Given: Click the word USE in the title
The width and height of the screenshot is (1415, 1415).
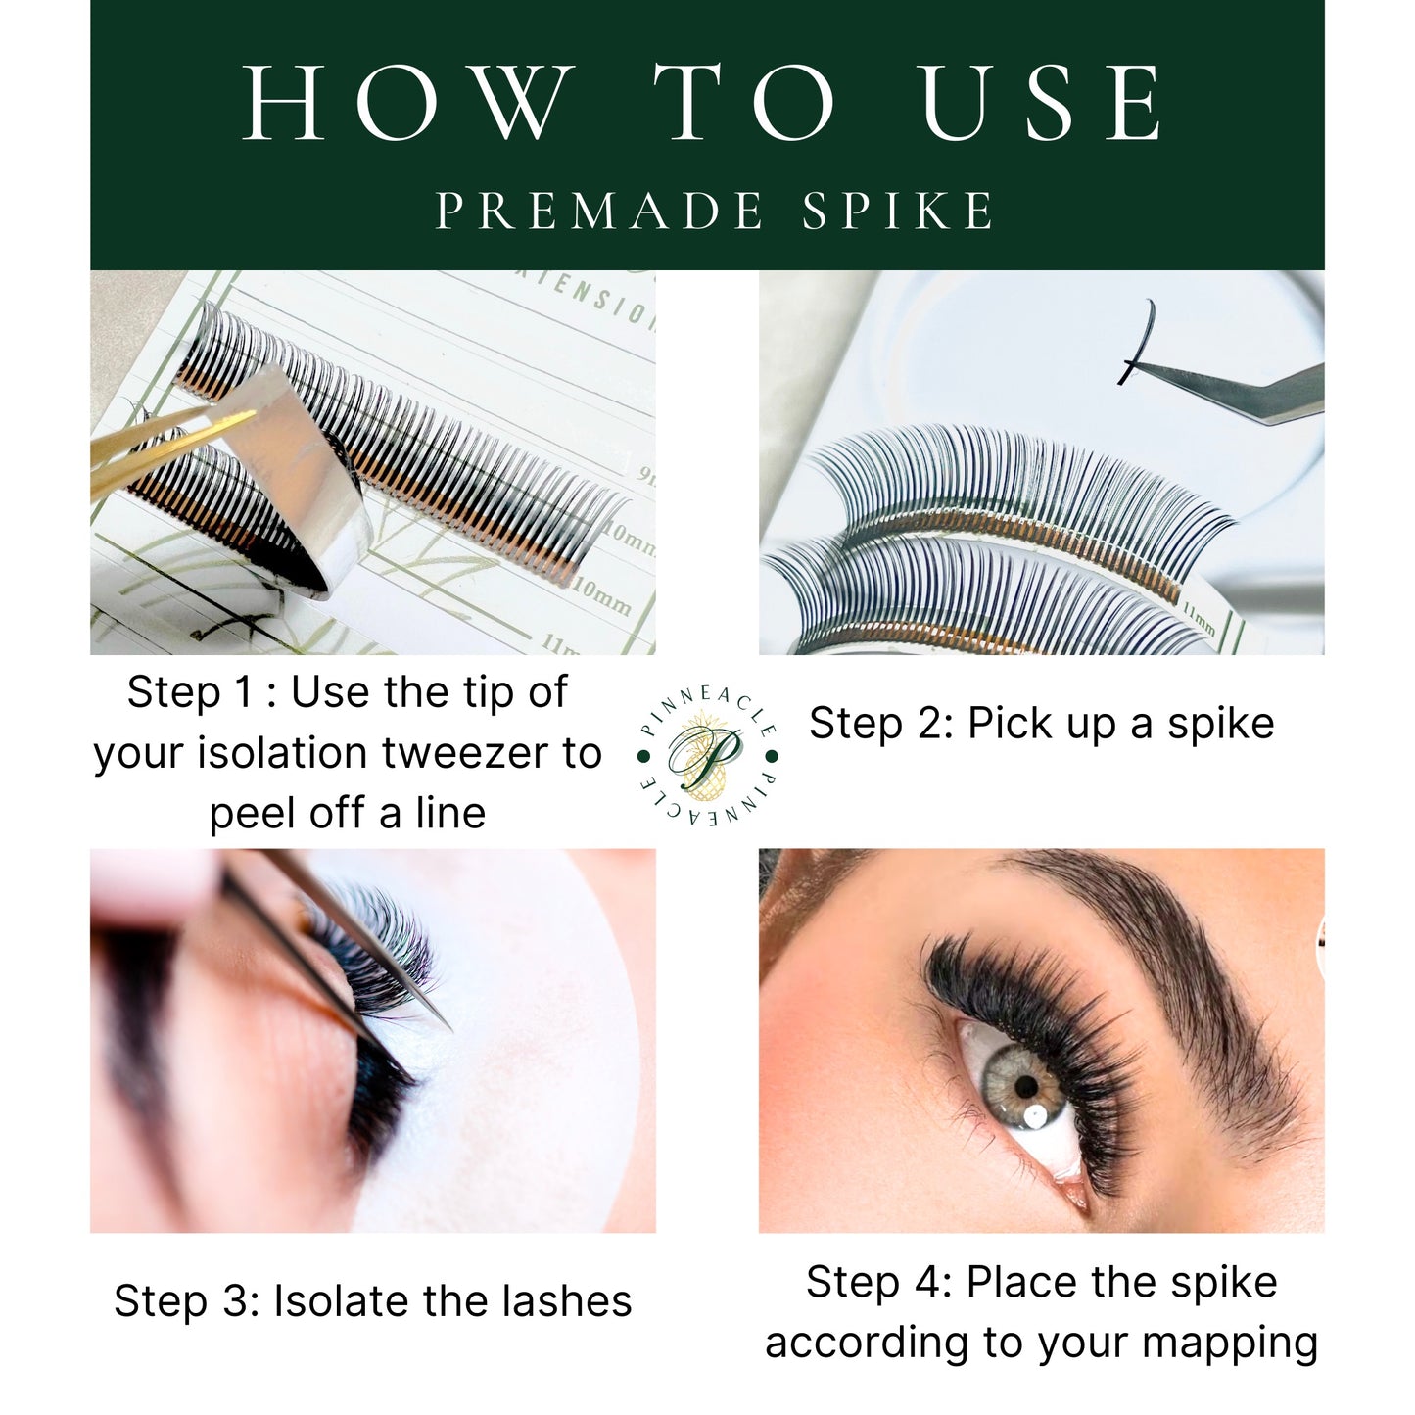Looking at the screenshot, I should pos(1043,103).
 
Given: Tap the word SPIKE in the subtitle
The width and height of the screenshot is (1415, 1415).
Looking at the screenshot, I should pos(899,211).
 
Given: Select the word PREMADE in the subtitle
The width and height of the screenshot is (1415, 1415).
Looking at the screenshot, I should pos(599,211).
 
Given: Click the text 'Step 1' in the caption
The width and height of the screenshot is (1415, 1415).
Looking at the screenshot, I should pos(190,692).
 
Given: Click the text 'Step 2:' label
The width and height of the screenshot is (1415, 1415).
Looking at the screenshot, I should pos(880,724).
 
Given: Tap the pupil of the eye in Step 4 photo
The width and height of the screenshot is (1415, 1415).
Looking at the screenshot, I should pos(1025,1086).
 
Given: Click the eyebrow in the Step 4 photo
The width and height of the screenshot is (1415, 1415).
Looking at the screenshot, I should pos(1175,940).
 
